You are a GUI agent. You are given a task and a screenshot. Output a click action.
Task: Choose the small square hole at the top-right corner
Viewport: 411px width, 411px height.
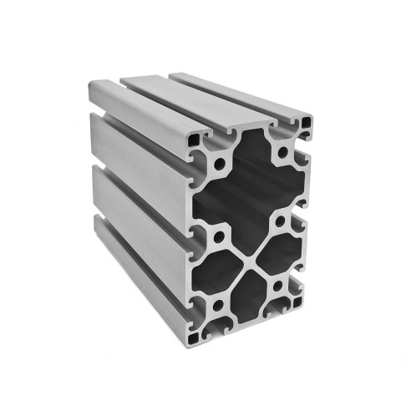tap(308, 124)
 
